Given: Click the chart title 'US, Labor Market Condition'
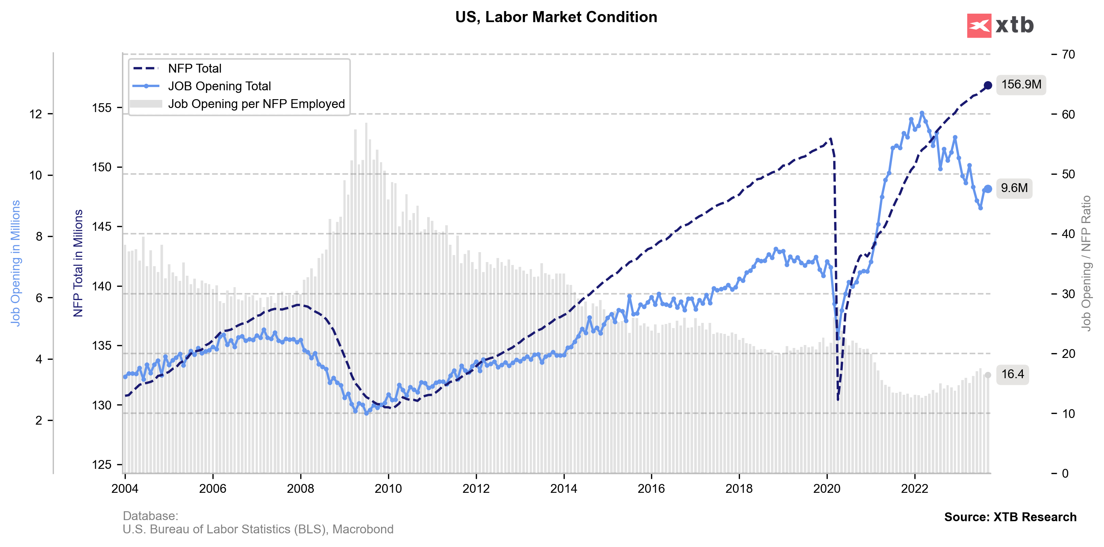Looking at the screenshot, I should click(x=556, y=17).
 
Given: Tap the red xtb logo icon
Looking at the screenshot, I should click(x=979, y=26).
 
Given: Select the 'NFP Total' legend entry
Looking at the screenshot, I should click(x=194, y=69).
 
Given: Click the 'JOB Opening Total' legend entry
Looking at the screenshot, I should click(x=219, y=86).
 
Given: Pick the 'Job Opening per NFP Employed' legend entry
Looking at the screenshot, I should click(x=256, y=104).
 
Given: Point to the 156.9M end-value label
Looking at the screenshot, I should click(x=1021, y=84).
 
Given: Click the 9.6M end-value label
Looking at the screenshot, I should click(x=1014, y=188).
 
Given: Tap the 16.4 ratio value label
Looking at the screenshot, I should click(x=1012, y=374).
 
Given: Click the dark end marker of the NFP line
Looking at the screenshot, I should click(x=988, y=85).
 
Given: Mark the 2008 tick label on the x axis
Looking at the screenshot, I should click(x=300, y=489).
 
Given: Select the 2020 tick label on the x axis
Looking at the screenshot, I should click(x=827, y=489).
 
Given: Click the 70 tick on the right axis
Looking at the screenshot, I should click(x=1069, y=55).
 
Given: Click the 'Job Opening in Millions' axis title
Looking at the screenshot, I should click(x=15, y=264).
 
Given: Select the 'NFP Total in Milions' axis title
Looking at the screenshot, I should click(x=78, y=264).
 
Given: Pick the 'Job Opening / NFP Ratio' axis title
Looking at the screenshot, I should click(x=1086, y=264).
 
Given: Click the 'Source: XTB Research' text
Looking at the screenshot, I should click(x=1010, y=517).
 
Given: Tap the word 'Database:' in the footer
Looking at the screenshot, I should click(x=150, y=516).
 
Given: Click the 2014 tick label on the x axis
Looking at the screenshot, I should click(x=564, y=489).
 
